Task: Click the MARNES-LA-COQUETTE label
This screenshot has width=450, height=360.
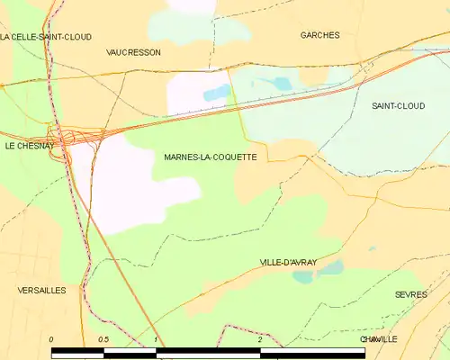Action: pos(211,157)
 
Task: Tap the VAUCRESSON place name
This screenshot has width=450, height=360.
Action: pos(133,52)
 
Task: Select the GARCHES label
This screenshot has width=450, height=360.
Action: pos(319,35)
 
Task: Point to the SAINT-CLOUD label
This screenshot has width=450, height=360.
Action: pos(398,105)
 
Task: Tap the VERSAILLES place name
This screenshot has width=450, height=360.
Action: pos(41,291)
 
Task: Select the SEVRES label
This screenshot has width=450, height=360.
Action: pos(410,294)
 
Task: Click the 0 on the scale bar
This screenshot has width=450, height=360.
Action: pos(51,339)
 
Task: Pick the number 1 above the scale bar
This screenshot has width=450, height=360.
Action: pos(156,339)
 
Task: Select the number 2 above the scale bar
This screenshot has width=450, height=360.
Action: pos(259,339)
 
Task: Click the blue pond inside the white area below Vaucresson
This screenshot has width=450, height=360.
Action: pos(217,92)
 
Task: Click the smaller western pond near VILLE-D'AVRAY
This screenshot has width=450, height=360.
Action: pos(302,277)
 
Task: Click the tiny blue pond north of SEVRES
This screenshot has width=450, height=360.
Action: pos(372,248)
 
